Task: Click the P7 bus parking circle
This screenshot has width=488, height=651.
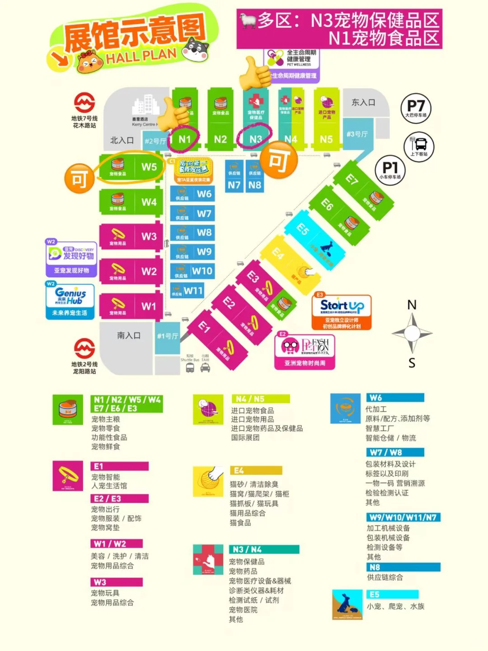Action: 416,108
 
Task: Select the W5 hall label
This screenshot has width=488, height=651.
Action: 149,167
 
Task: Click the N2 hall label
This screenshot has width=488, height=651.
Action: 220,139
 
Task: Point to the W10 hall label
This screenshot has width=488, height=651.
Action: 202,271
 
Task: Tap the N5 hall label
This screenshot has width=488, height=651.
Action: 326,139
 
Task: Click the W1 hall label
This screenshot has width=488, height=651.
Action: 149,306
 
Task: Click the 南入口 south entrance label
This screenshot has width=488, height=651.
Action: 129,336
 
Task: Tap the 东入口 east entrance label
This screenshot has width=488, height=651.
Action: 363,103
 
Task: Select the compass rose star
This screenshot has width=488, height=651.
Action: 412,333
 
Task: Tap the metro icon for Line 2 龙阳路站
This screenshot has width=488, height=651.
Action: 84,349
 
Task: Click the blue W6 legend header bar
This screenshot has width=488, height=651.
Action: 394,398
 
